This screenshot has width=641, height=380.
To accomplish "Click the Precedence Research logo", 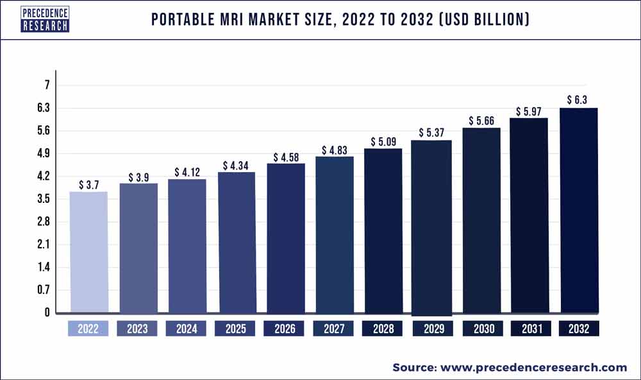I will tap(45, 19).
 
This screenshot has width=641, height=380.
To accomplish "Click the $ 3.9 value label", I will tap(138, 177).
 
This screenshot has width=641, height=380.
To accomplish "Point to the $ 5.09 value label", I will tap(383, 142).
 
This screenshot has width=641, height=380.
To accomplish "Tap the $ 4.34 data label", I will tap(237, 166).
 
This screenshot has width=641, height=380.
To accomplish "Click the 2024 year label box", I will tap(187, 329).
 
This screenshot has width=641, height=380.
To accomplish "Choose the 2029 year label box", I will tap(432, 329).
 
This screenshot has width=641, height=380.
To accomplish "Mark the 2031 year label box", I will tap(530, 329).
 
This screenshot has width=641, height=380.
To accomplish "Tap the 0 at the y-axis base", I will tap(47, 313).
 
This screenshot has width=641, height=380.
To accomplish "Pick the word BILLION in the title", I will tap(495, 20).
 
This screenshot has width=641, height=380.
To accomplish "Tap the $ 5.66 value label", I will tap(481, 121).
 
